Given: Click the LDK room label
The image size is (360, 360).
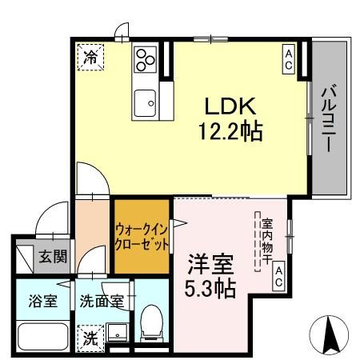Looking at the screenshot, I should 232,106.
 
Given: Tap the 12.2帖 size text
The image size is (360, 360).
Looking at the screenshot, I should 232,130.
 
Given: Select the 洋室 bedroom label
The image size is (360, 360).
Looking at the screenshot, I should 211,262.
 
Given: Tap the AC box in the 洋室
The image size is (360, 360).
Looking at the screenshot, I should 279,278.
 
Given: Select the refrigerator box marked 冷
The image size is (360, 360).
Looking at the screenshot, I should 91,58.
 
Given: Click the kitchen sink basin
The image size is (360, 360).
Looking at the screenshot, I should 145,101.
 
